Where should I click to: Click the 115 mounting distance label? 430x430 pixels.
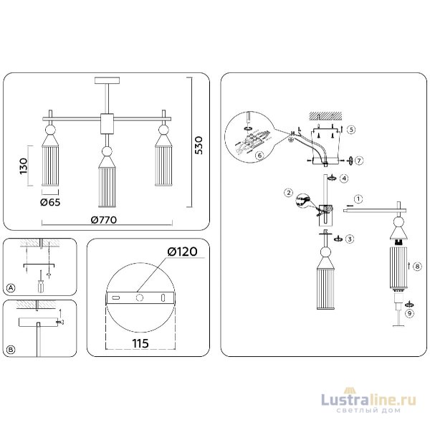point(140,343)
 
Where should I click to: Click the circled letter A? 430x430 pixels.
point(10,288)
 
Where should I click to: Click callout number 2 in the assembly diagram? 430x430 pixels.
point(288,193)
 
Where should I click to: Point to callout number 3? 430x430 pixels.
point(350,239)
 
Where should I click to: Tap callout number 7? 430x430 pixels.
point(360,160)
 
